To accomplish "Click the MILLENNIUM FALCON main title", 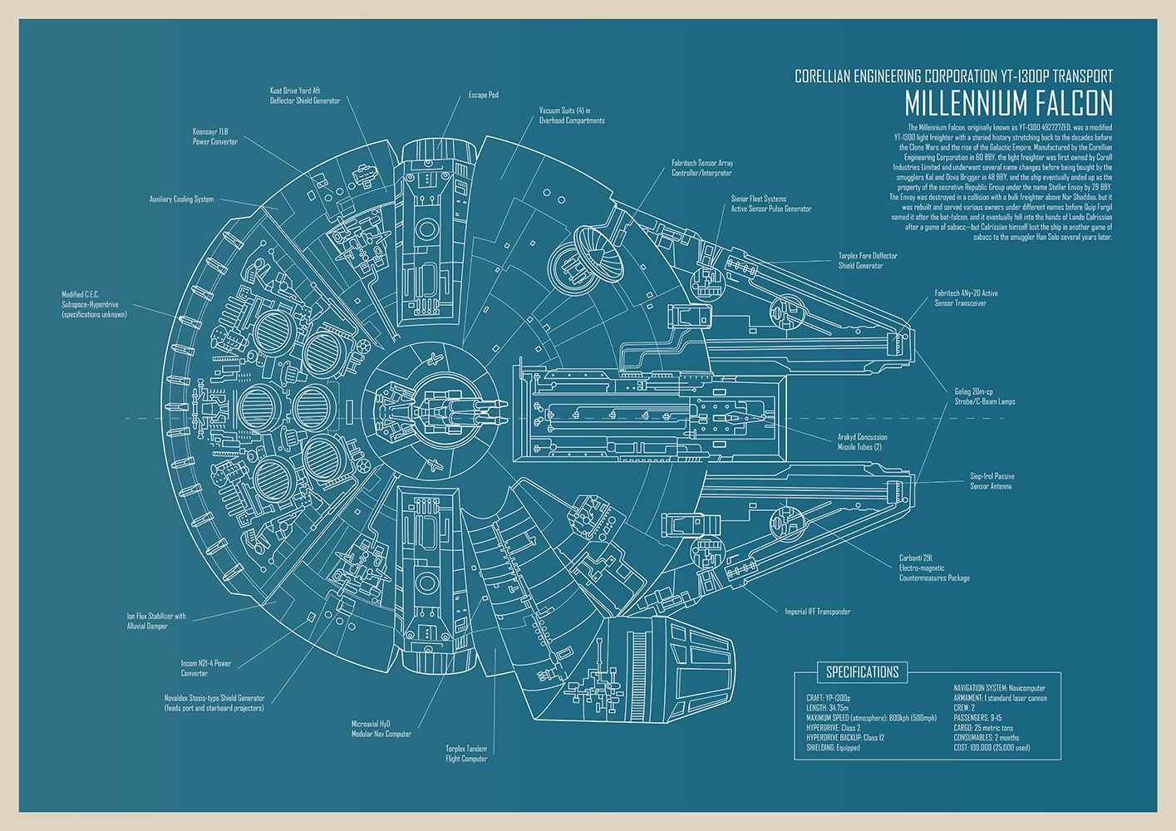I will pyautogui.click(x=1007, y=103).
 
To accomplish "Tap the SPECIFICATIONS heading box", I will pyautogui.click(x=862, y=671).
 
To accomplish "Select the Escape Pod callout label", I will pyautogui.click(x=483, y=95).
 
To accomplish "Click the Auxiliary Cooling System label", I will pyautogui.click(x=181, y=199).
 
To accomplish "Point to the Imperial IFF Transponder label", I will pyautogui.click(x=817, y=612).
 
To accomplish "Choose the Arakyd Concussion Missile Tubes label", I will pyautogui.click(x=862, y=441).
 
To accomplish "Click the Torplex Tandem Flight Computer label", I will pyautogui.click(x=466, y=753).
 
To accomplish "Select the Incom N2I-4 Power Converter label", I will pyautogui.click(x=205, y=668).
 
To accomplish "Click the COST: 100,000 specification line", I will pyautogui.click(x=991, y=747).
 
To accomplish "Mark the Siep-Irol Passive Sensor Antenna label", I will pyautogui.click(x=991, y=481).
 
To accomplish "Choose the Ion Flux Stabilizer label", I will pyautogui.click(x=157, y=621).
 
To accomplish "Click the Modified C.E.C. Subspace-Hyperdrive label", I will pyautogui.click(x=94, y=304).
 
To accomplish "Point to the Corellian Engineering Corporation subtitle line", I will pyautogui.click(x=953, y=76).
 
